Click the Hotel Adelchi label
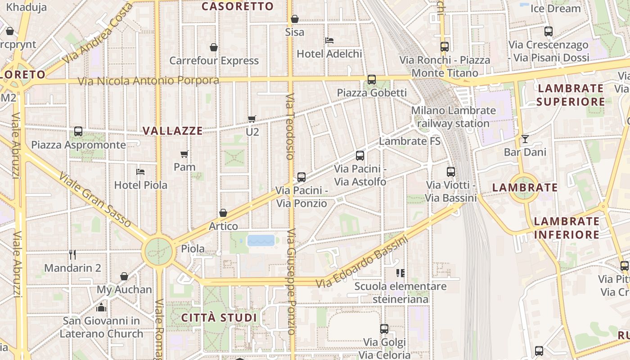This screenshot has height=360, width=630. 329,54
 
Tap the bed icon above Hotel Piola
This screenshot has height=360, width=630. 140,172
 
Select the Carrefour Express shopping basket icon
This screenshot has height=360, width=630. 214,47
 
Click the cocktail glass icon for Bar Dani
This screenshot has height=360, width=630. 525,139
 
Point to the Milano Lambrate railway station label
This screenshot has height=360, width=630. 453,117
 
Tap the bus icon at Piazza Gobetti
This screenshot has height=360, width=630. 371,80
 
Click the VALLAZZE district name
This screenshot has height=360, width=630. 172,131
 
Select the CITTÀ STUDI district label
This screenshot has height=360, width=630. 219,318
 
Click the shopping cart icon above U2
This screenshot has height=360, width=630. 252,119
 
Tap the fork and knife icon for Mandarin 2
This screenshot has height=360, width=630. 72,255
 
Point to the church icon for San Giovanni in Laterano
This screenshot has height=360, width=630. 101,308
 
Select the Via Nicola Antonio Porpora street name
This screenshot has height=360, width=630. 148,81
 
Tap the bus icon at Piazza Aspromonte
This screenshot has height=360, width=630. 78,131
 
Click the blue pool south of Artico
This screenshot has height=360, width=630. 261,240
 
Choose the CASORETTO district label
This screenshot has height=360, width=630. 237,6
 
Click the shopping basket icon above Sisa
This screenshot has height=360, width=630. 295,19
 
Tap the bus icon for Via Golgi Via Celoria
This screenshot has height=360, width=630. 384,329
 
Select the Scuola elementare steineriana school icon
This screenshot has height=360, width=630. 400,273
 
